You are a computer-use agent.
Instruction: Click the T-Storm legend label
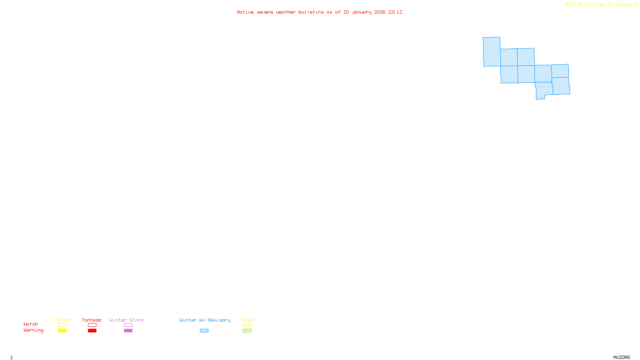coord(62,320)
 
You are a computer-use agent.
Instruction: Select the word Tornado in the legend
coord(92,320)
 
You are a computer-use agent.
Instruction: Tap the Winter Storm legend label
coord(126,320)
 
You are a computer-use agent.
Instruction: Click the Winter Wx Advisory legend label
coord(205,320)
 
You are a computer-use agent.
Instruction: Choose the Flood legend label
coord(247,320)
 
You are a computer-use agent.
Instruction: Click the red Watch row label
coord(31,324)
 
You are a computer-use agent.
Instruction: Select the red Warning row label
coord(34,330)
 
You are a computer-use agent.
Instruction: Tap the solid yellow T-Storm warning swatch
coord(62,331)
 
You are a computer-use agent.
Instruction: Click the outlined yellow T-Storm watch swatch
coord(62,325)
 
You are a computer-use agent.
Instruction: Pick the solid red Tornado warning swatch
coord(92,331)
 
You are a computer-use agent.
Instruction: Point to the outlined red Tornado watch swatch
coord(92,325)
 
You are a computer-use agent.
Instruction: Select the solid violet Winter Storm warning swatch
coord(128,331)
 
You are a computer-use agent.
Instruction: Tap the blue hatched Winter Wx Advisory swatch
coord(204,331)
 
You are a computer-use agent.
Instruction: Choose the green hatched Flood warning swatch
coord(247,331)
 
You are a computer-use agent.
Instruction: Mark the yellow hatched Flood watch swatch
coord(247,325)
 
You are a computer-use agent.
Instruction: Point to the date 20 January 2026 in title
coord(364,12)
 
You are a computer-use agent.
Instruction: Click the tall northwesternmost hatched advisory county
coord(492,52)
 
